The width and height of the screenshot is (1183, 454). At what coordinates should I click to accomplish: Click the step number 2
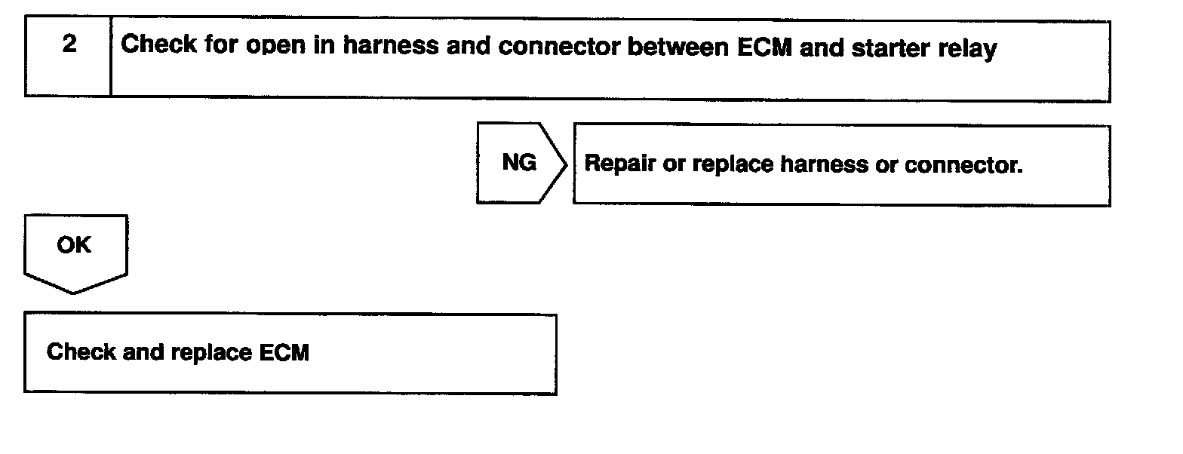coord(69,45)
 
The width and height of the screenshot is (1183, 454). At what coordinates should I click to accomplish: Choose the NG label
coord(519,162)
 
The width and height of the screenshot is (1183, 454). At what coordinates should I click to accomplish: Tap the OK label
coord(74,245)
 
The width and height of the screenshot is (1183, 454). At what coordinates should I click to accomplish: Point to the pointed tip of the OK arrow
coord(73,293)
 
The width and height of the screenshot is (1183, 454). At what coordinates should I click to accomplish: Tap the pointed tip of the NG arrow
coord(567,164)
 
